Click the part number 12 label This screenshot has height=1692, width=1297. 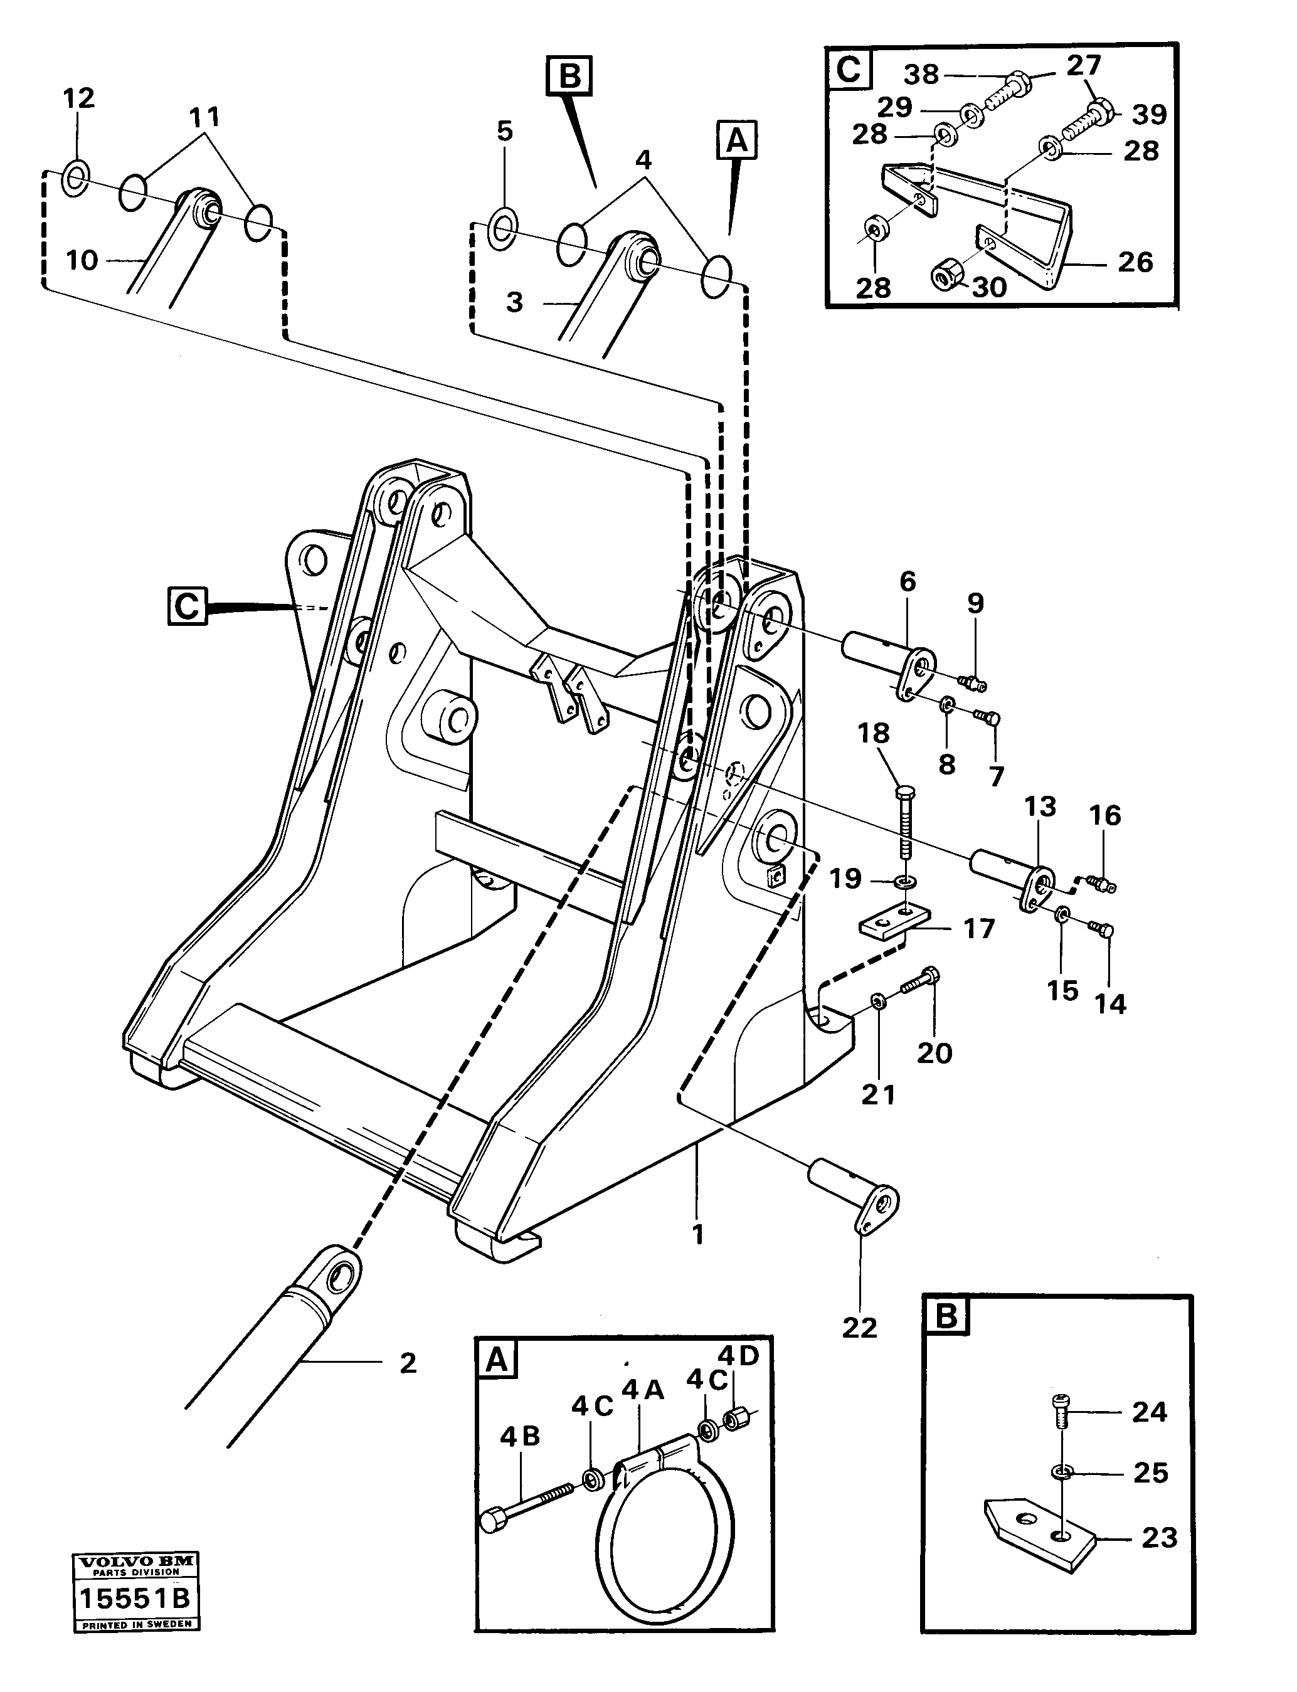(x=78, y=98)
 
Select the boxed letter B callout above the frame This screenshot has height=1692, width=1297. (x=569, y=76)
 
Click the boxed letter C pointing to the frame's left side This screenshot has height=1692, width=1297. (x=187, y=606)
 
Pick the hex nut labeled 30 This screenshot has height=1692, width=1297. (x=946, y=272)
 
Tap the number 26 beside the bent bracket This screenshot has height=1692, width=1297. (x=1135, y=262)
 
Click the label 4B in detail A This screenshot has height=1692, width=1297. (x=519, y=1437)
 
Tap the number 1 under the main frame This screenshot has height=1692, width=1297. (x=698, y=1235)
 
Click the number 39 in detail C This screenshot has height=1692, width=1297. (x=1150, y=114)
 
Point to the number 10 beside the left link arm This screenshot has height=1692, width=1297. (x=82, y=260)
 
